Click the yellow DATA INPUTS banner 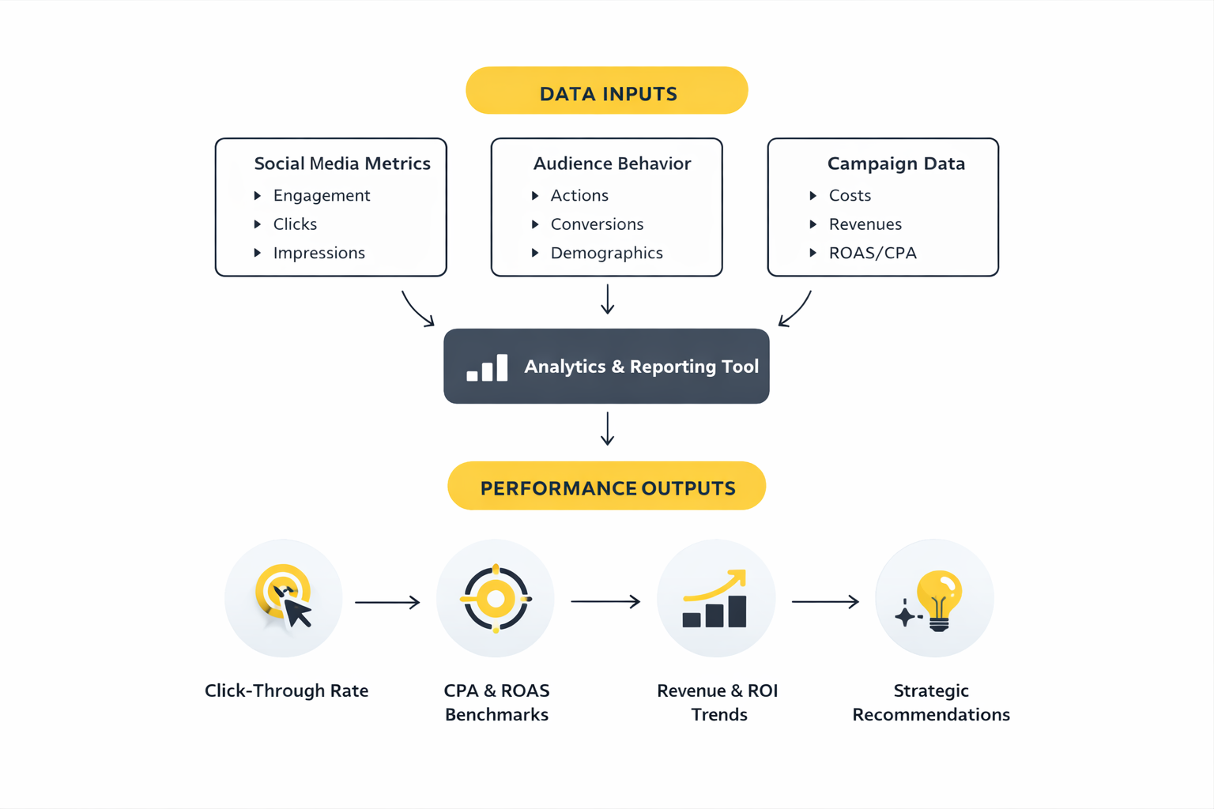tap(606, 91)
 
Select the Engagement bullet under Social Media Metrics tap(321, 195)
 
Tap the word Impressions tap(319, 253)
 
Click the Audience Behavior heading tap(612, 164)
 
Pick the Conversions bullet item tap(597, 224)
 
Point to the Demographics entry tap(606, 253)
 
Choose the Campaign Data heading tap(895, 164)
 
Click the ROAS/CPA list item tap(872, 253)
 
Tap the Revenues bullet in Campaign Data tap(865, 224)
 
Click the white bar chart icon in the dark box tap(487, 368)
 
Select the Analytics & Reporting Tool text tap(641, 367)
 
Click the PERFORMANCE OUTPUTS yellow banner tap(606, 487)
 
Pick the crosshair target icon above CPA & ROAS tap(496, 599)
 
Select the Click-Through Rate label tap(286, 690)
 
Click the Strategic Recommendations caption tap(931, 702)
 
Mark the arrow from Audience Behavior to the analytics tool tap(607, 299)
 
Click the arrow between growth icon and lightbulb tap(825, 602)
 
